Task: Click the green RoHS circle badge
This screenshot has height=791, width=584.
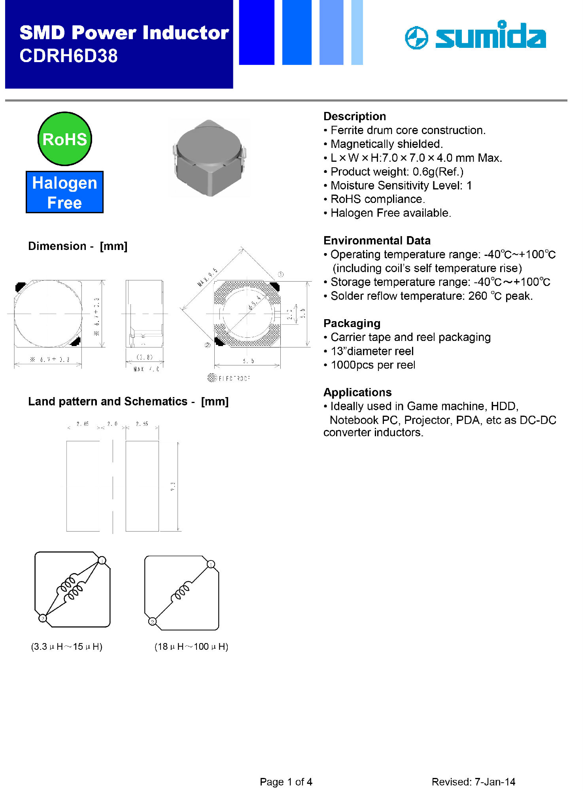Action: [x=65, y=139]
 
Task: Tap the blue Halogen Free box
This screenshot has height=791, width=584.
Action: [x=64, y=192]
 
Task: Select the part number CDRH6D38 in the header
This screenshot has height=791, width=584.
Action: [x=68, y=56]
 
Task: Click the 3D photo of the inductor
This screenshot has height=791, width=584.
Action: [x=209, y=158]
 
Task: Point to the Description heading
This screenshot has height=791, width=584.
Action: [x=354, y=116]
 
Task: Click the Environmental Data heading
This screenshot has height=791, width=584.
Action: [x=376, y=240]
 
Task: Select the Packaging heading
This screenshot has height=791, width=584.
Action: [x=352, y=323]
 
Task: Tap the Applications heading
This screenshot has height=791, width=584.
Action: [x=357, y=392]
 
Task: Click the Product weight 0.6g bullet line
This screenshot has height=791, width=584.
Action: [x=397, y=172]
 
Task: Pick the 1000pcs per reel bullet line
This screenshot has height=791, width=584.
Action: [x=372, y=365]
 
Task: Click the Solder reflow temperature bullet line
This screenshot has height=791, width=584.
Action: [x=431, y=296]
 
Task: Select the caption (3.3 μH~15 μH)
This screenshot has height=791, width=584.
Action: [x=66, y=647]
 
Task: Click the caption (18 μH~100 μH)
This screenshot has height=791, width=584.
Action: [x=191, y=647]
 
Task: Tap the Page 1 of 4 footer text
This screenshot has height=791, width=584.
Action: [x=286, y=782]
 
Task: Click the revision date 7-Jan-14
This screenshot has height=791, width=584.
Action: [x=495, y=782]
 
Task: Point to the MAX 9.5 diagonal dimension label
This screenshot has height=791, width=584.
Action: [x=208, y=277]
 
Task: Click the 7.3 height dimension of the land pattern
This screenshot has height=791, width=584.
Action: [x=173, y=486]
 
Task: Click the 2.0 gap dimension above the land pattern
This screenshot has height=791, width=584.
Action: [x=112, y=424]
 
